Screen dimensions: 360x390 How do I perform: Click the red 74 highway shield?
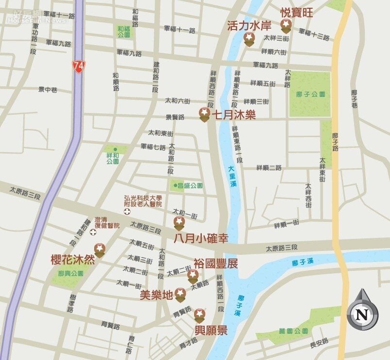(78, 66)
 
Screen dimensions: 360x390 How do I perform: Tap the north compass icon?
(362, 314)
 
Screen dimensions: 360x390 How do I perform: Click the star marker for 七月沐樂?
(205, 114)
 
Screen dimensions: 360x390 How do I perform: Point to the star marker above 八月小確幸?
(179, 223)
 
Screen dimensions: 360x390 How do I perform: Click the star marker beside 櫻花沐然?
(99, 250)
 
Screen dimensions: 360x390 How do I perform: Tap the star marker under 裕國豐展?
(193, 276)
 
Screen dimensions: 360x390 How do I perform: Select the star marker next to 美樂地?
(180, 294)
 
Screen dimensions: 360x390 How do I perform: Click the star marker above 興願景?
(199, 314)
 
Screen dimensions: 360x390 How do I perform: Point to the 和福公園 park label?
(124, 31)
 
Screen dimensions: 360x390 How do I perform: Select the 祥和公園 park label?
(113, 158)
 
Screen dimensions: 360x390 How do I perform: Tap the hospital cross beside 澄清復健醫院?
(93, 232)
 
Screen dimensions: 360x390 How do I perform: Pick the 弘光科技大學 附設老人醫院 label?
(143, 201)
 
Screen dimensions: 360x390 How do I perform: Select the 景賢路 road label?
(175, 117)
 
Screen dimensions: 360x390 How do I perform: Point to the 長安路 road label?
(319, 344)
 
